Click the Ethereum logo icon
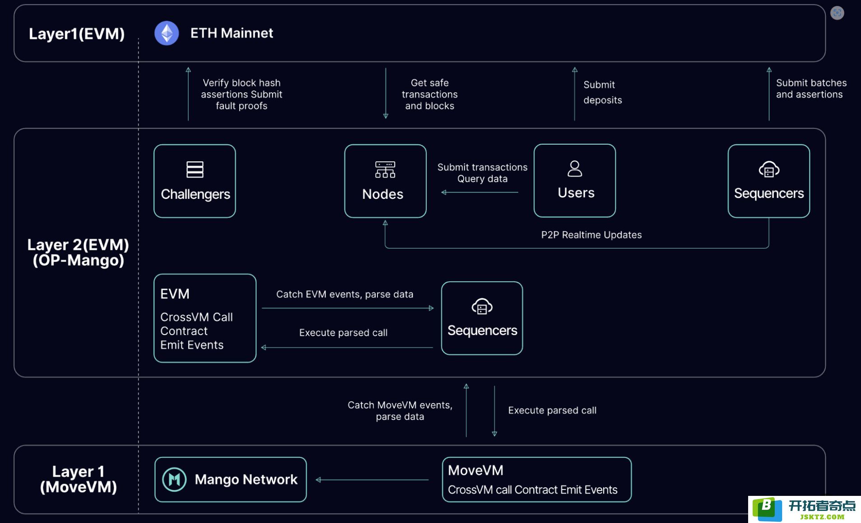pyautogui.click(x=167, y=33)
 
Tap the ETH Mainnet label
pyautogui.click(x=232, y=33)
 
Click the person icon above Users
pyautogui.click(x=575, y=169)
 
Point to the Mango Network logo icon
pyautogui.click(x=174, y=479)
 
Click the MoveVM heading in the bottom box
pyautogui.click(x=475, y=470)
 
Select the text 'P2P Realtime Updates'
pyautogui.click(x=591, y=235)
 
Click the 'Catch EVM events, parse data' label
pyautogui.click(x=344, y=294)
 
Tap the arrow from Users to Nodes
pyautogui.click(x=479, y=192)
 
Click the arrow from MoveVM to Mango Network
pyautogui.click(x=372, y=480)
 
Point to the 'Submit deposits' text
pyautogui.click(x=602, y=92)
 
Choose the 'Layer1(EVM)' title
pyautogui.click(x=77, y=34)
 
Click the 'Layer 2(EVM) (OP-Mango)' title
pyautogui.click(x=78, y=252)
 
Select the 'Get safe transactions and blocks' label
pyautogui.click(x=429, y=94)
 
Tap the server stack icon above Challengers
pyautogui.click(x=195, y=170)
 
